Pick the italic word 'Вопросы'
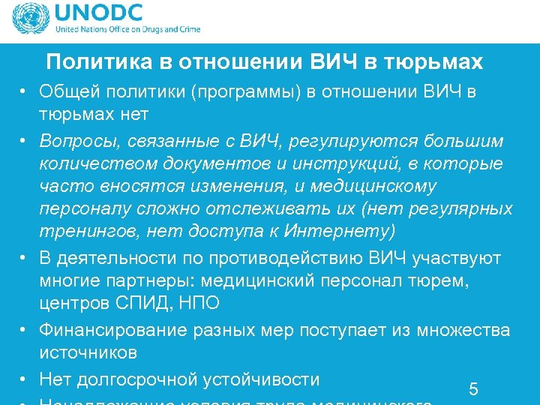[x=76, y=141]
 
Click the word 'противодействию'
[x=289, y=259]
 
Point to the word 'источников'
[x=89, y=352]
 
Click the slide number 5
[x=473, y=388]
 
